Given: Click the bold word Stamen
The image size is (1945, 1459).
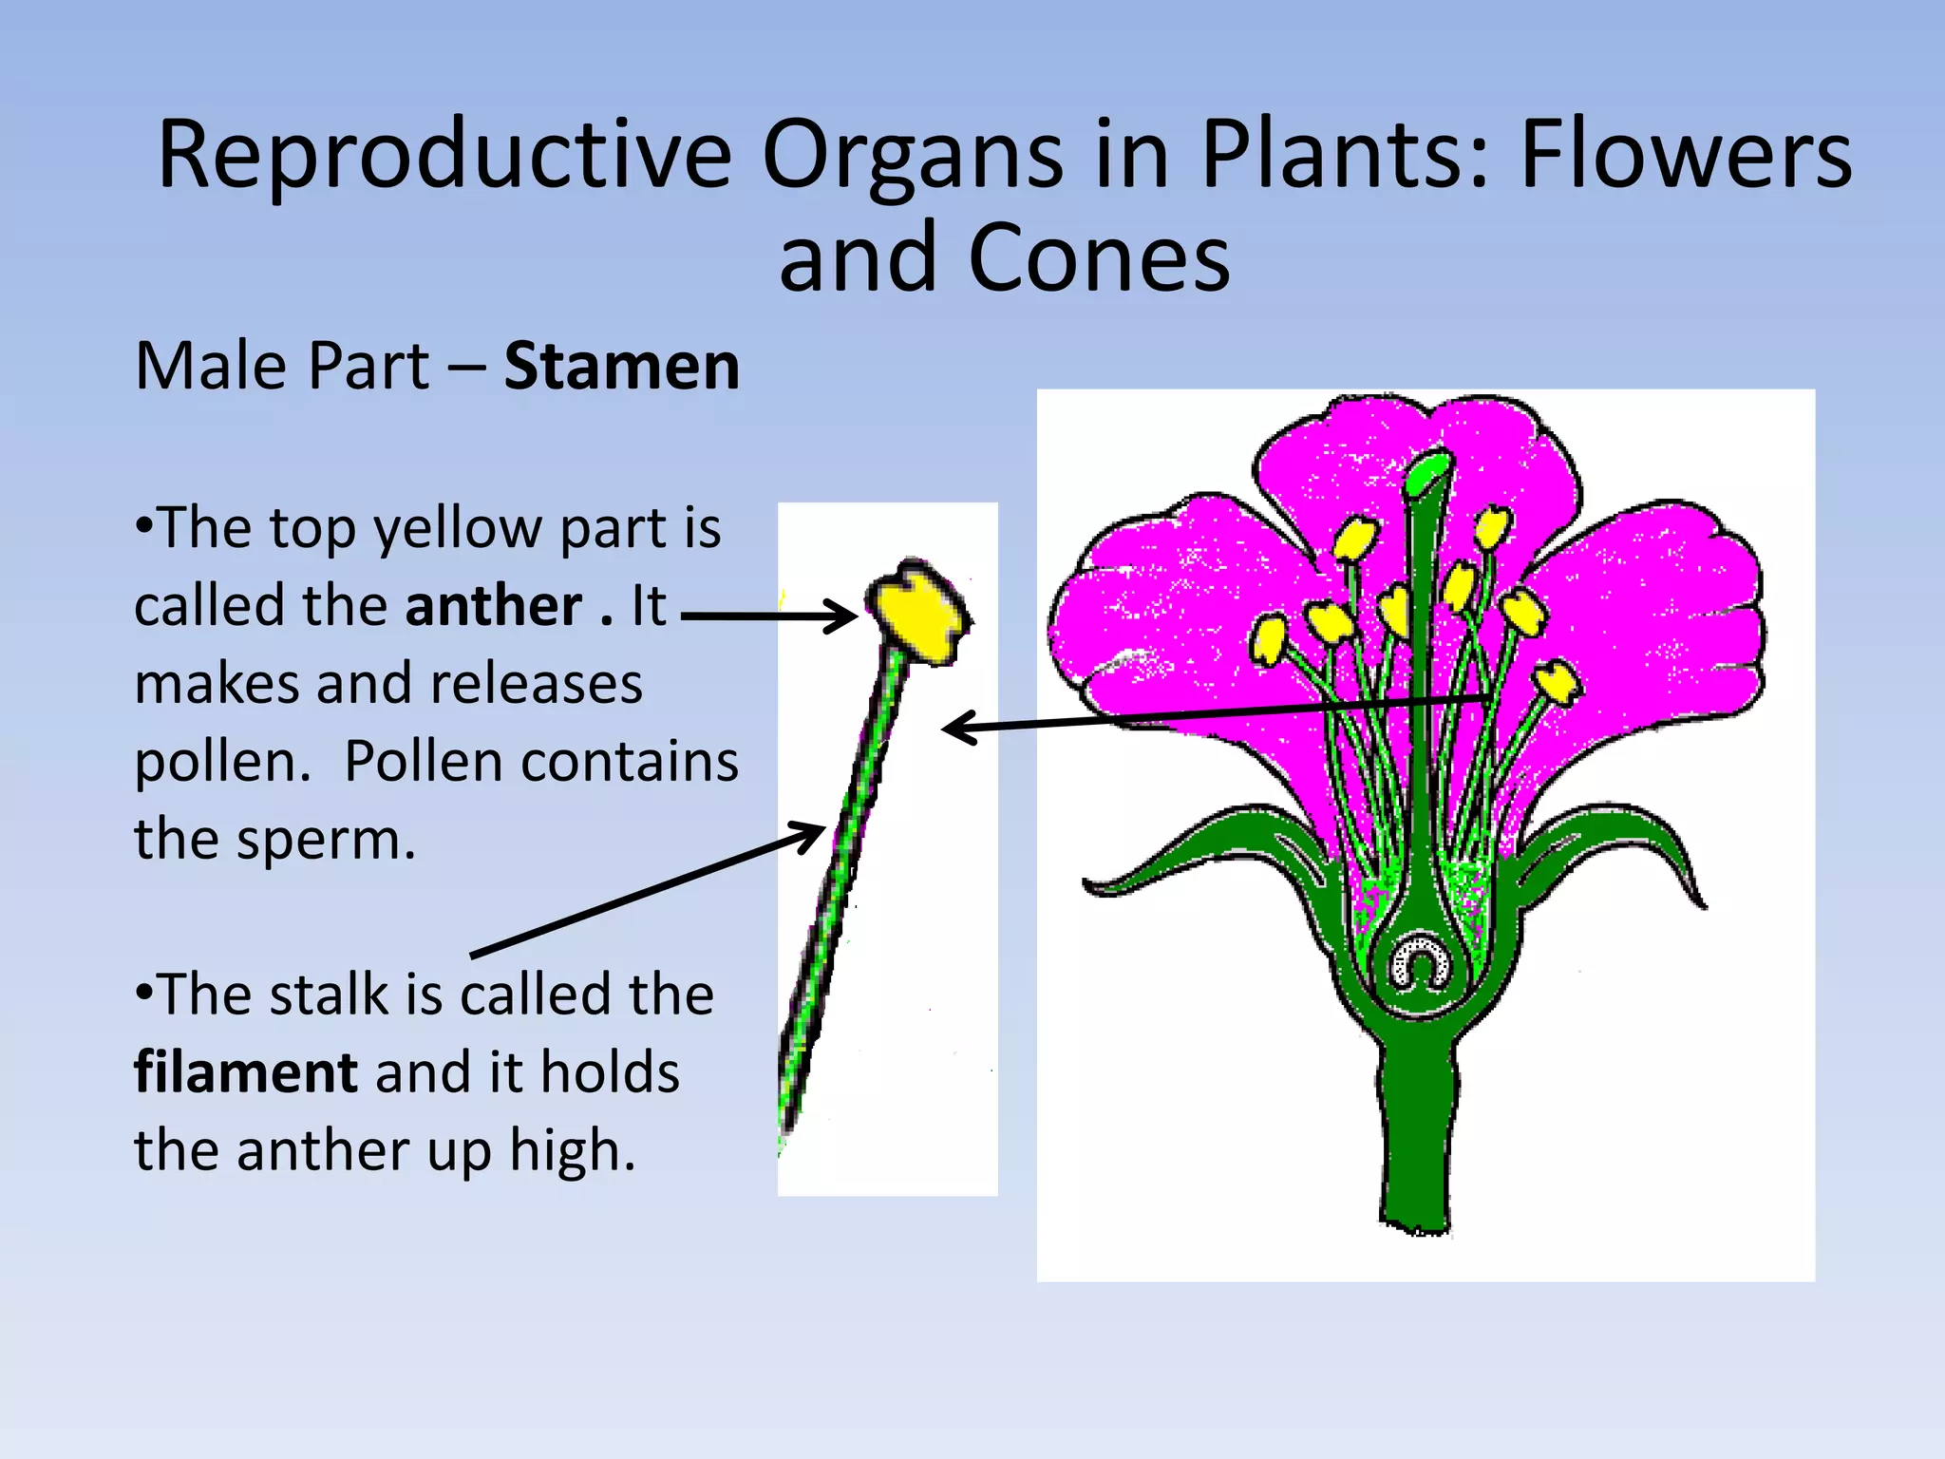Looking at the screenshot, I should (621, 367).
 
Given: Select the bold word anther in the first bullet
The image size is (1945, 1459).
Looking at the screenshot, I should (493, 606).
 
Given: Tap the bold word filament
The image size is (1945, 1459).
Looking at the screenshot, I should (246, 1073).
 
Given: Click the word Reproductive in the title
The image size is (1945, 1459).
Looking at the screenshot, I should (444, 155).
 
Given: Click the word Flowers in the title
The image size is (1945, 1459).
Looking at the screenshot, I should (1685, 155).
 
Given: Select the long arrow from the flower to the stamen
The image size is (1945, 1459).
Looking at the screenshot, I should (1216, 712).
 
